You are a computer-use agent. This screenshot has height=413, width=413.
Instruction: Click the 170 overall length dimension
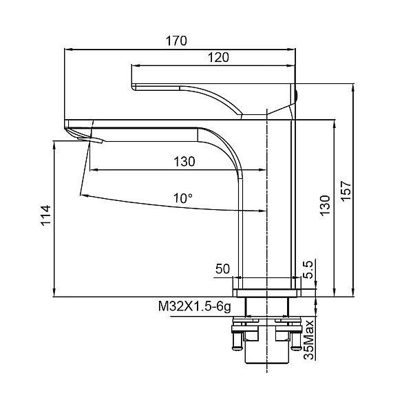click(x=176, y=41)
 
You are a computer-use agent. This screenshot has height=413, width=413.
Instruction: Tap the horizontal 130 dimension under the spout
click(x=184, y=162)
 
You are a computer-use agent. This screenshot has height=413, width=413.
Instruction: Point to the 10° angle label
click(x=182, y=198)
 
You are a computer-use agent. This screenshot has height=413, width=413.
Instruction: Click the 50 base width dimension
click(x=222, y=269)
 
